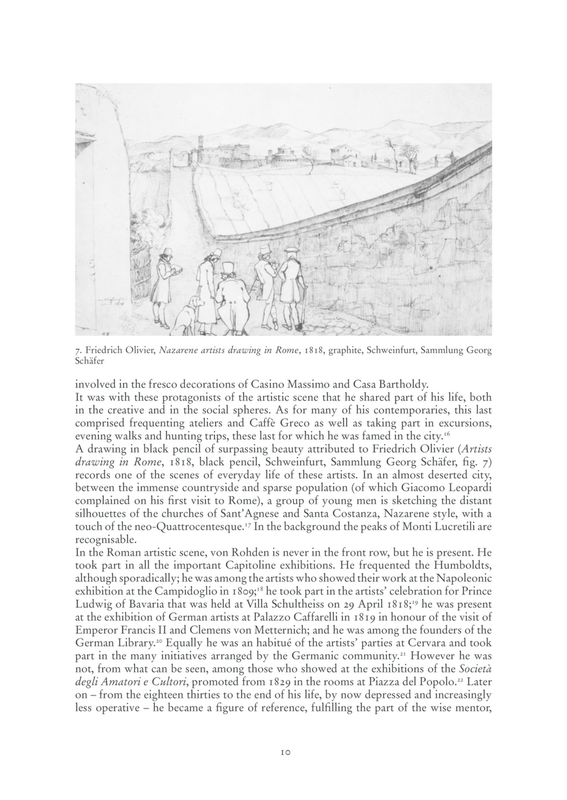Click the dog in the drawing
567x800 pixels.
(187, 315)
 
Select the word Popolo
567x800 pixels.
(437, 680)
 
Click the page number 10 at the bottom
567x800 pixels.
(285, 752)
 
